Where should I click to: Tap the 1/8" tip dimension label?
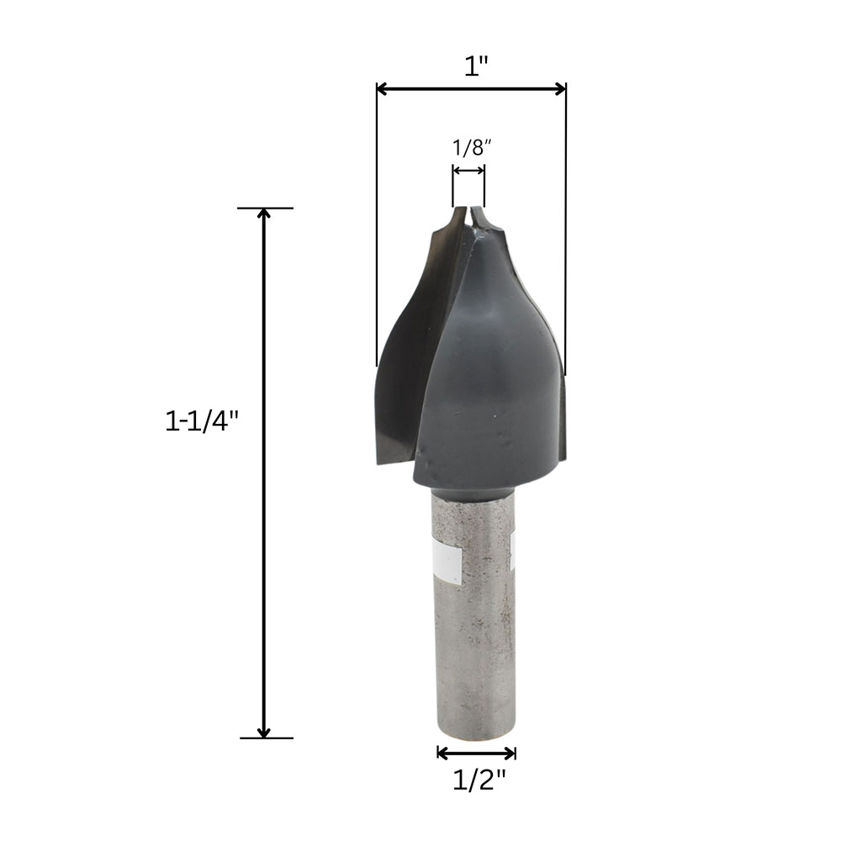click(472, 147)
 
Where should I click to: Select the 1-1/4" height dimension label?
click(201, 420)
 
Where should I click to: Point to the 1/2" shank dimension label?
click(479, 780)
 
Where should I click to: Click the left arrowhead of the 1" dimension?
click(382, 89)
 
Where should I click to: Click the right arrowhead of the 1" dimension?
click(560, 89)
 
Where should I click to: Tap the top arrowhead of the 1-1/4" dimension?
click(264, 214)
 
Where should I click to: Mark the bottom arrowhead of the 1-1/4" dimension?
click(264, 733)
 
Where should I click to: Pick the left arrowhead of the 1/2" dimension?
click(442, 753)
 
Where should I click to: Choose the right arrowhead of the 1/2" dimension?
click(510, 753)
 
